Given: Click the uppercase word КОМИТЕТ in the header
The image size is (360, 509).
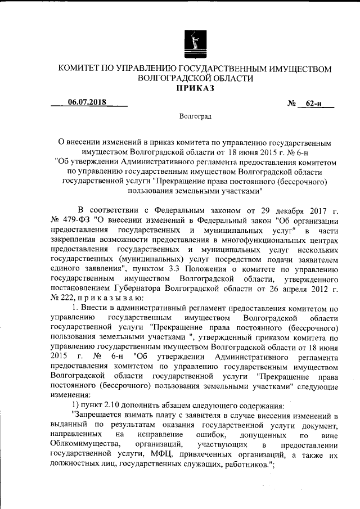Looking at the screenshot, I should coord(83,69).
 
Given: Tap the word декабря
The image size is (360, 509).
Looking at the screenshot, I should coord(263,211).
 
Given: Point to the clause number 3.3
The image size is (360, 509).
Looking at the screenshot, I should coord(193,269).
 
